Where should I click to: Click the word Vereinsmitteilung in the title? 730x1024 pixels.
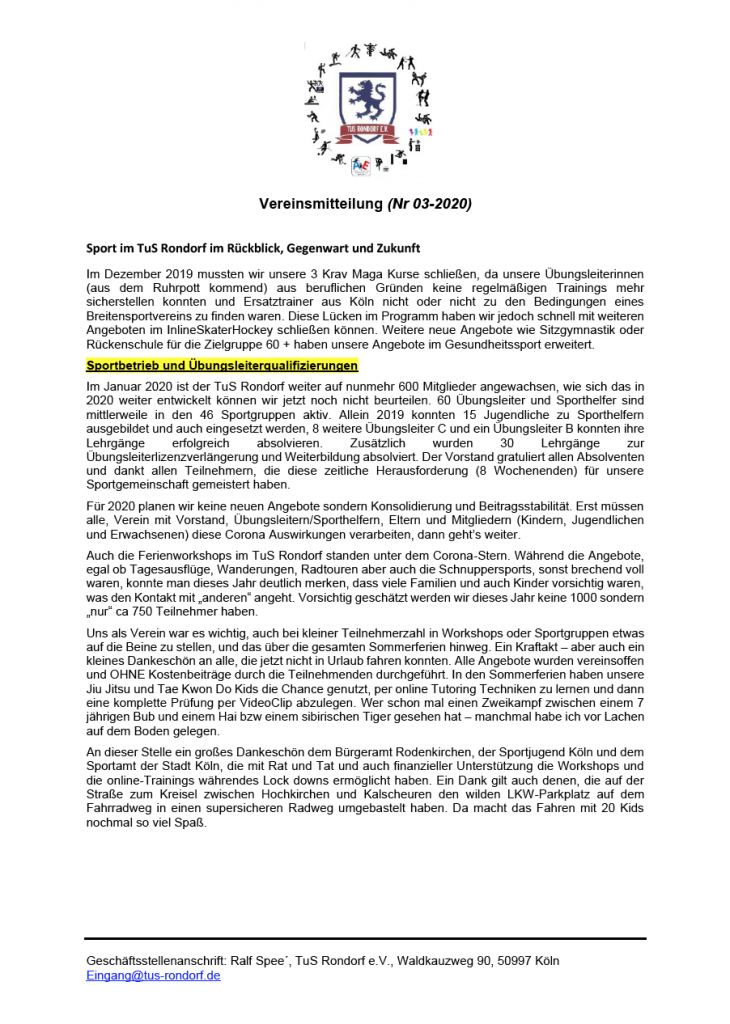(x=313, y=204)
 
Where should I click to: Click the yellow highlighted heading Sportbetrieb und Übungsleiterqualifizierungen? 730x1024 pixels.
(x=222, y=366)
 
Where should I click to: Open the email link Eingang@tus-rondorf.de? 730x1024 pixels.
(x=153, y=975)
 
